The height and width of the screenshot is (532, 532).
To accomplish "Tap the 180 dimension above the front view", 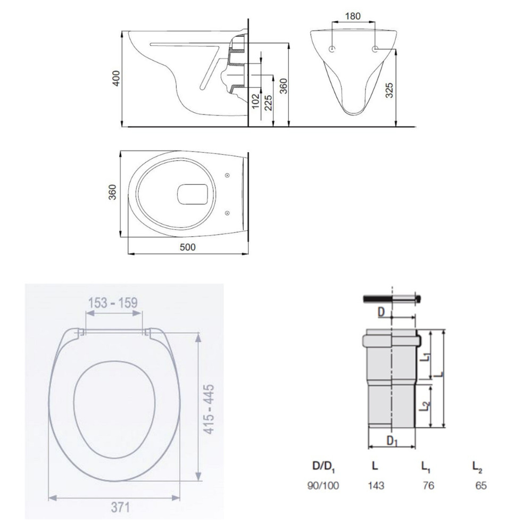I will (x=352, y=16).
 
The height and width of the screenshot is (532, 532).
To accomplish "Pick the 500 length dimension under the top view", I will (x=187, y=247).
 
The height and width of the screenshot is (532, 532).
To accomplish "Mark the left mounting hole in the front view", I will (x=332, y=49).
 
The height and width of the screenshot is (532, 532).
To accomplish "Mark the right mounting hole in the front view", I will (x=375, y=49).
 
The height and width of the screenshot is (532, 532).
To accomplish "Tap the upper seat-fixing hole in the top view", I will (x=227, y=174).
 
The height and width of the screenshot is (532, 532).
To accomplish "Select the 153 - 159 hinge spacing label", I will (x=112, y=302).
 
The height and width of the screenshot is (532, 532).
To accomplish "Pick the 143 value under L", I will (x=376, y=485).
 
